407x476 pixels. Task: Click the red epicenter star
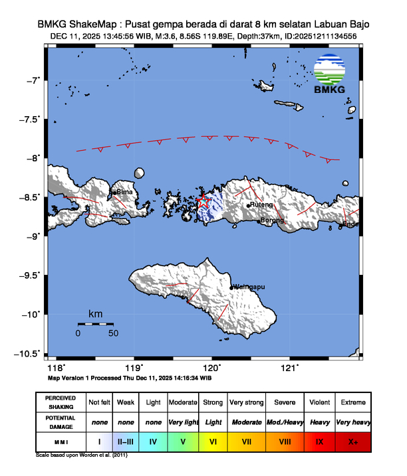coord(204,201)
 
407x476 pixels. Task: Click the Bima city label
coord(125,192)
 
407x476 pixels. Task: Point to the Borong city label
coord(272,220)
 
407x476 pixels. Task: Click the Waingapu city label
coord(249,287)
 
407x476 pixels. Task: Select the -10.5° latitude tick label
coord(29,353)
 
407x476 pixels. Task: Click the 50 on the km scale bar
coord(113,332)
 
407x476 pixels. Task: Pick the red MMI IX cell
coord(319,441)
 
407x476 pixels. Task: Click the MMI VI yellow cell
coord(213,441)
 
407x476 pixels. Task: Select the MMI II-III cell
coord(126,441)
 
